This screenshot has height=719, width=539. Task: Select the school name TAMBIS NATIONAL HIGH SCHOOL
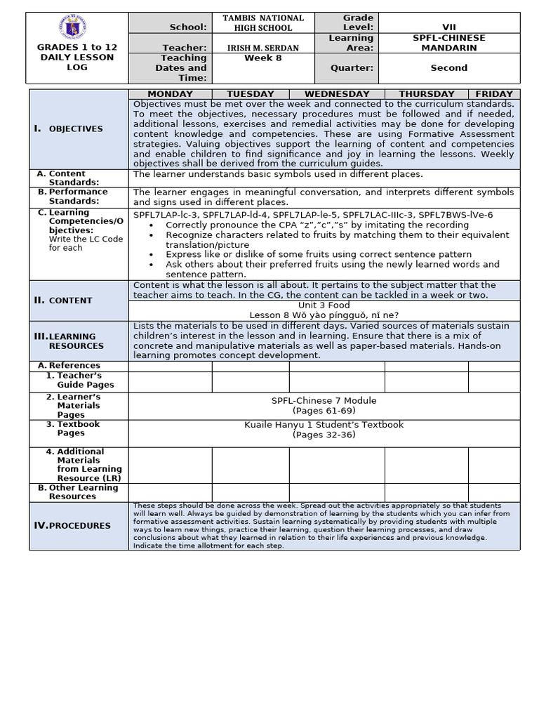[x=263, y=22]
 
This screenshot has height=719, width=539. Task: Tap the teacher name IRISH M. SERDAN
[x=263, y=47]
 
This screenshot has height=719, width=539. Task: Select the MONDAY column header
[x=170, y=94]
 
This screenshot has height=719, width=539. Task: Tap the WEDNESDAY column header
[x=337, y=94]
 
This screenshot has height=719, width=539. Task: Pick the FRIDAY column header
[x=494, y=94]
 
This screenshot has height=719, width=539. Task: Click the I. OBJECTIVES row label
[x=69, y=129]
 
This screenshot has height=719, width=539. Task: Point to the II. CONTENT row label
[x=64, y=301]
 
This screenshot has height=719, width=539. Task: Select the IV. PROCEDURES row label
[x=73, y=526]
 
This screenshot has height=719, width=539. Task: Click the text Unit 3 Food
[x=324, y=306]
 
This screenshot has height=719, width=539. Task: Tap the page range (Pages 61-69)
[x=324, y=410]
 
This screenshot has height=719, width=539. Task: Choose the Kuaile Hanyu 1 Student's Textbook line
[x=324, y=425]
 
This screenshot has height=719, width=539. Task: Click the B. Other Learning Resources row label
[x=83, y=492]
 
